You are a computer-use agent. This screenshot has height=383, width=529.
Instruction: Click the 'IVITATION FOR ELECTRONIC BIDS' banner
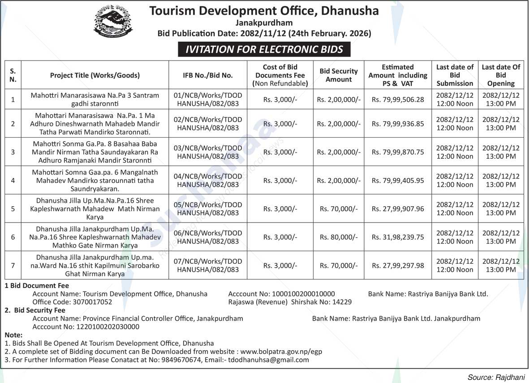tap(264, 49)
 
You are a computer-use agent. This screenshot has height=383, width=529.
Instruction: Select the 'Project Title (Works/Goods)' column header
tap(95, 75)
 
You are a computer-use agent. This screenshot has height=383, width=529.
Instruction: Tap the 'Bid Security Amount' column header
tap(339, 75)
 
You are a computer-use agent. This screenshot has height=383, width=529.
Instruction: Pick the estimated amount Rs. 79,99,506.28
tap(398, 100)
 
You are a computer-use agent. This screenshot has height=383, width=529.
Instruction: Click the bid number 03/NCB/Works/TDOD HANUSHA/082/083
tap(208, 152)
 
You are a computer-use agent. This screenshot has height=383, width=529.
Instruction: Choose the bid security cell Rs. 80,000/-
tap(339, 237)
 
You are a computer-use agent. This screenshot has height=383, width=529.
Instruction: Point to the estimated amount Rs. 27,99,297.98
tap(398, 265)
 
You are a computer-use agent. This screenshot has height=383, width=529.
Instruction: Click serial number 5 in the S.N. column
tap(13, 209)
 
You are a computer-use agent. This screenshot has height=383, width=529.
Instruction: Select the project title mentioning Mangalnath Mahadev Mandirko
tap(95, 180)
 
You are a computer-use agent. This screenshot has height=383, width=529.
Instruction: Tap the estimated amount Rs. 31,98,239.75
tap(398, 237)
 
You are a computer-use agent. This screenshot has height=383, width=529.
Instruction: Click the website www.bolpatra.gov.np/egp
tap(281, 352)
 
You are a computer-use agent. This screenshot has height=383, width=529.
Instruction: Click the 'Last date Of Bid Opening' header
tap(501, 75)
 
